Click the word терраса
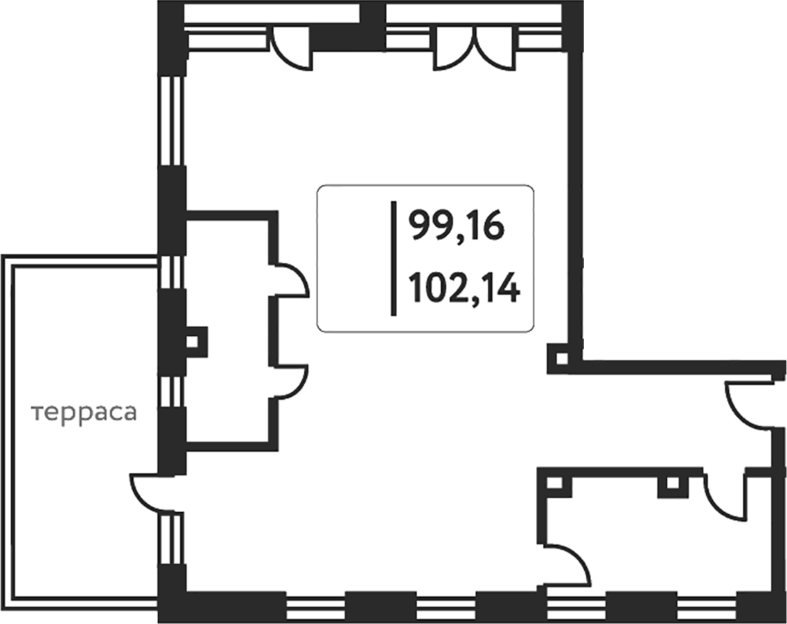(x=84, y=413)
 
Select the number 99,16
(x=456, y=226)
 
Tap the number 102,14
(x=463, y=288)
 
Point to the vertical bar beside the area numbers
(x=394, y=258)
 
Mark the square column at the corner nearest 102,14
(x=561, y=358)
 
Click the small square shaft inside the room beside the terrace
(x=193, y=341)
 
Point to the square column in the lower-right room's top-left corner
(x=555, y=484)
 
